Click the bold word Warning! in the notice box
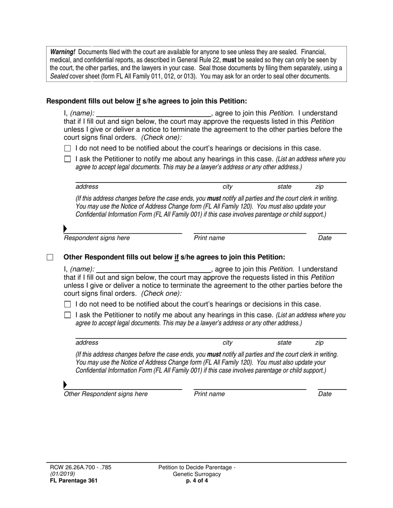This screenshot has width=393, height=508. click(63, 52)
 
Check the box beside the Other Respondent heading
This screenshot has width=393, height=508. click(50, 257)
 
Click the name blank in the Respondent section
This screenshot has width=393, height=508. click(153, 114)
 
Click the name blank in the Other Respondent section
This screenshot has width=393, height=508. click(153, 270)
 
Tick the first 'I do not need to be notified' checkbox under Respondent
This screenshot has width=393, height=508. click(68, 149)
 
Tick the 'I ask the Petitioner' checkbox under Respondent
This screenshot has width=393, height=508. click(68, 159)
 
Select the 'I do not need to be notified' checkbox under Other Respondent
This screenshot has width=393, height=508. click(68, 305)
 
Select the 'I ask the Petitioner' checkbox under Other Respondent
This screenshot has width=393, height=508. click(68, 315)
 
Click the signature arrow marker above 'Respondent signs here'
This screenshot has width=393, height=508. click(65, 229)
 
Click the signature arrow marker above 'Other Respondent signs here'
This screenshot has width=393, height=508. click(65, 385)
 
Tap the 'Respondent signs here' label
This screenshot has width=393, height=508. click(96, 238)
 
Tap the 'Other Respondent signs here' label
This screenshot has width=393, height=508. click(105, 394)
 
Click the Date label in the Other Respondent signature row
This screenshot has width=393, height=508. click(325, 394)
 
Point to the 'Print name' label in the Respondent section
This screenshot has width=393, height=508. click(209, 238)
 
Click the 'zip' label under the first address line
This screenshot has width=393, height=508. click(319, 187)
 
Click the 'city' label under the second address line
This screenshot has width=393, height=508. click(228, 343)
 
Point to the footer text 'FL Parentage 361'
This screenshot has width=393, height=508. click(72, 480)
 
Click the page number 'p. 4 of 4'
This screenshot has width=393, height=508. click(197, 480)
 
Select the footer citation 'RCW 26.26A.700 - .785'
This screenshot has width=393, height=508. click(79, 468)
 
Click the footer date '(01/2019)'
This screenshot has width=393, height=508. click(60, 474)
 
